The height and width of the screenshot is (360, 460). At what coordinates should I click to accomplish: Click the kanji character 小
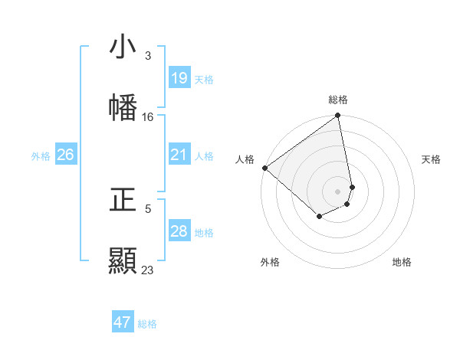[123, 47]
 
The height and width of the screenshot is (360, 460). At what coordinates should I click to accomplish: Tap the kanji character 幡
[123, 108]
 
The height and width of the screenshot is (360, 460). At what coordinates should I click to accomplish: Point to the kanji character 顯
[123, 261]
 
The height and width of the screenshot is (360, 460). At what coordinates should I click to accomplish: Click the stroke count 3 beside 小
[148, 56]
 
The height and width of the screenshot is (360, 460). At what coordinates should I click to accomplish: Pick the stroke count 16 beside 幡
[148, 117]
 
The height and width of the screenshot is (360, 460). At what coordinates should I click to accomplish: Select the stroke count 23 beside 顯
[148, 270]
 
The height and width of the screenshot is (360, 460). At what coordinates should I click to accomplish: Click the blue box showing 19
[179, 78]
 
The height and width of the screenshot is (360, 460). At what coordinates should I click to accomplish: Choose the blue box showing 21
[179, 155]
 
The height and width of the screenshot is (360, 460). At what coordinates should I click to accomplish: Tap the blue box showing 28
[179, 231]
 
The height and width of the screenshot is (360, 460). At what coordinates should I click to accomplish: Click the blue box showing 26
[65, 155]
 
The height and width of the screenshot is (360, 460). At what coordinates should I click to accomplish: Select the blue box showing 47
[123, 322]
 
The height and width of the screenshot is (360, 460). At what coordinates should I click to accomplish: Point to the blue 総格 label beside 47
[147, 324]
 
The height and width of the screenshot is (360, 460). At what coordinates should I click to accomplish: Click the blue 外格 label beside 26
[41, 156]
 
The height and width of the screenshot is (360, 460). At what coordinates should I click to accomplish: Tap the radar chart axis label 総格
[338, 100]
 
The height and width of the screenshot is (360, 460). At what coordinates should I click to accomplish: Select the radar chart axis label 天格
[431, 159]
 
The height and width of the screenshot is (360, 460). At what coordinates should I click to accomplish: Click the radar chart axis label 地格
[402, 262]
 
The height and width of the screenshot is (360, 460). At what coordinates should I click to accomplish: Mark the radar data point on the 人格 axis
[264, 168]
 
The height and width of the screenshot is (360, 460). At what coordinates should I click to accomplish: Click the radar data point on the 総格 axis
[338, 116]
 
